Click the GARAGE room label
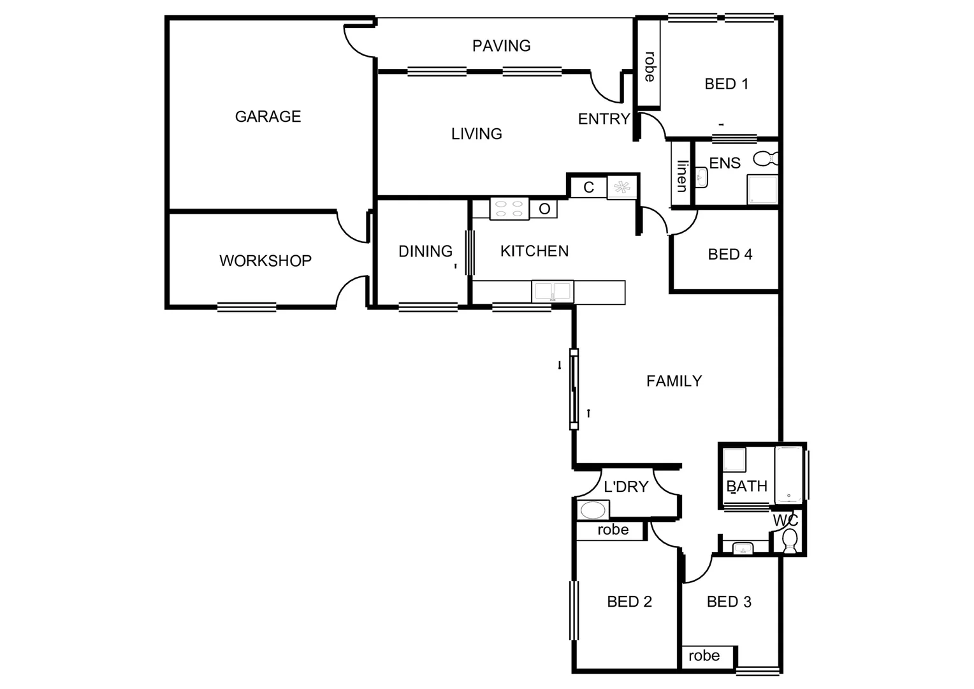click(268, 117)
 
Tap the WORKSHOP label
click(265, 261)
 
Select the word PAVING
click(501, 46)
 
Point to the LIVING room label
click(476, 134)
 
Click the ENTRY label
click(603, 119)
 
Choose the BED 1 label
click(726, 84)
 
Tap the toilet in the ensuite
click(766, 158)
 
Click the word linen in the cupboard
click(682, 176)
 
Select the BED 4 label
click(730, 255)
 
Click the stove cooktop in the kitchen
click(509, 209)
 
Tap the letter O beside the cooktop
click(544, 209)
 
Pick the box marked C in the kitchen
click(588, 188)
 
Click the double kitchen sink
click(553, 292)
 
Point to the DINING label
click(425, 251)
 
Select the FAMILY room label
click(674, 382)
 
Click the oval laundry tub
click(593, 510)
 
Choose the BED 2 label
click(629, 602)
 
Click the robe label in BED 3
click(704, 656)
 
